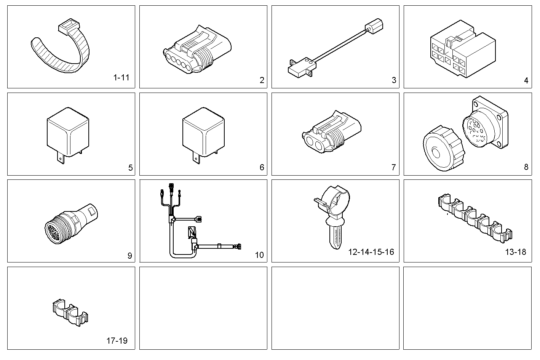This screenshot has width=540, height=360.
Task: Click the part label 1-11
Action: (x=121, y=78)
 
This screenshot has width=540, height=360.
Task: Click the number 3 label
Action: (x=394, y=80)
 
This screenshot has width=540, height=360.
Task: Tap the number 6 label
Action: (x=262, y=167)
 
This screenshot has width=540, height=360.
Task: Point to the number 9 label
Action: (x=129, y=256)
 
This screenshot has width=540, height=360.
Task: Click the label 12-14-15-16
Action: (x=371, y=252)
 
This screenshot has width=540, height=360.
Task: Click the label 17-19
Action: (x=117, y=341)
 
